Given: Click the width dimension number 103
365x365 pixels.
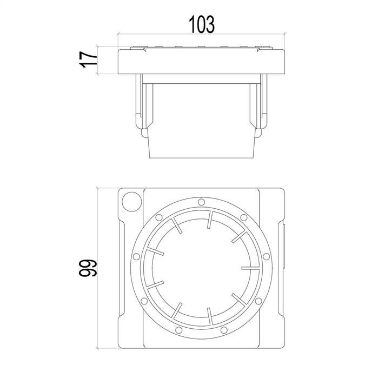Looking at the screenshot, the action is [201, 24].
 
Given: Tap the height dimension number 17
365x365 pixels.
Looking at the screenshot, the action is [88, 60].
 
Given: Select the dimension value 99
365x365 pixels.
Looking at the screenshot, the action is [88, 268].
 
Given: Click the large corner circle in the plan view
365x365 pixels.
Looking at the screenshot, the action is [132, 202].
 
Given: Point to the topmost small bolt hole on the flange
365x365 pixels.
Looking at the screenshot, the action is [201, 202].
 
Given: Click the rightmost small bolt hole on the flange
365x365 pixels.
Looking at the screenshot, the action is [266, 257].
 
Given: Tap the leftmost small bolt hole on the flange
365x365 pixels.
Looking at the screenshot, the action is [136, 257].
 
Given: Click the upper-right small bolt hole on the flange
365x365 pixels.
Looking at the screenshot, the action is [244, 218].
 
